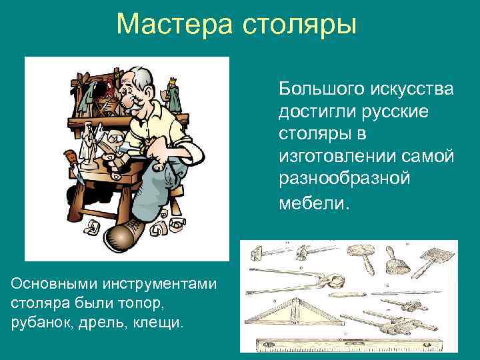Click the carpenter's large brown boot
click(121, 236)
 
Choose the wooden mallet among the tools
click(363, 254)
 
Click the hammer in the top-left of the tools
click(260, 254)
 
